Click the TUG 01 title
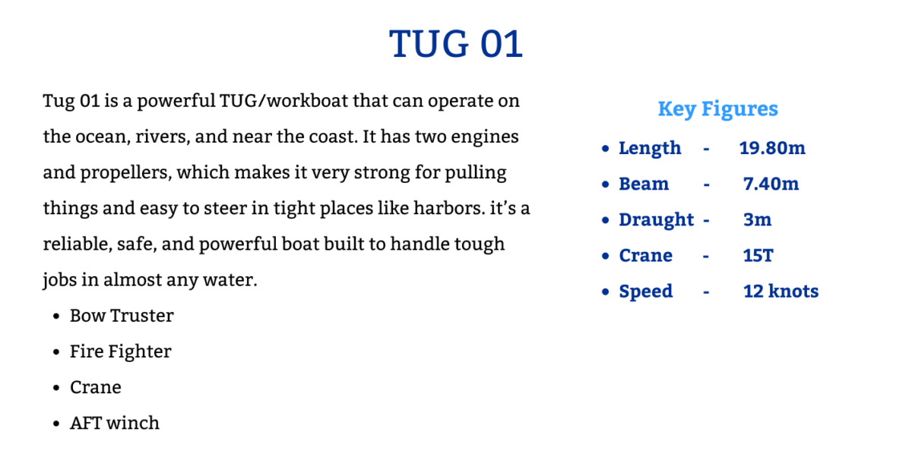[455, 43]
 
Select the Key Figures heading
[717, 109]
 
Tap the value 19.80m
[772, 148]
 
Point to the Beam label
[644, 184]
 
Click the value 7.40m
[771, 184]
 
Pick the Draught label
[656, 220]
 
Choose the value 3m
[757, 220]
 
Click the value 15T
[758, 256]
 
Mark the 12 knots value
[781, 291]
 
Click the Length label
[650, 148]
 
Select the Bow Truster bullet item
[122, 316]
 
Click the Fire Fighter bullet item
[121, 351]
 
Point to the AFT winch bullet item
[115, 424]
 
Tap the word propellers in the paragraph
[127, 173]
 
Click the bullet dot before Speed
[606, 292]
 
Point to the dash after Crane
[706, 257]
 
